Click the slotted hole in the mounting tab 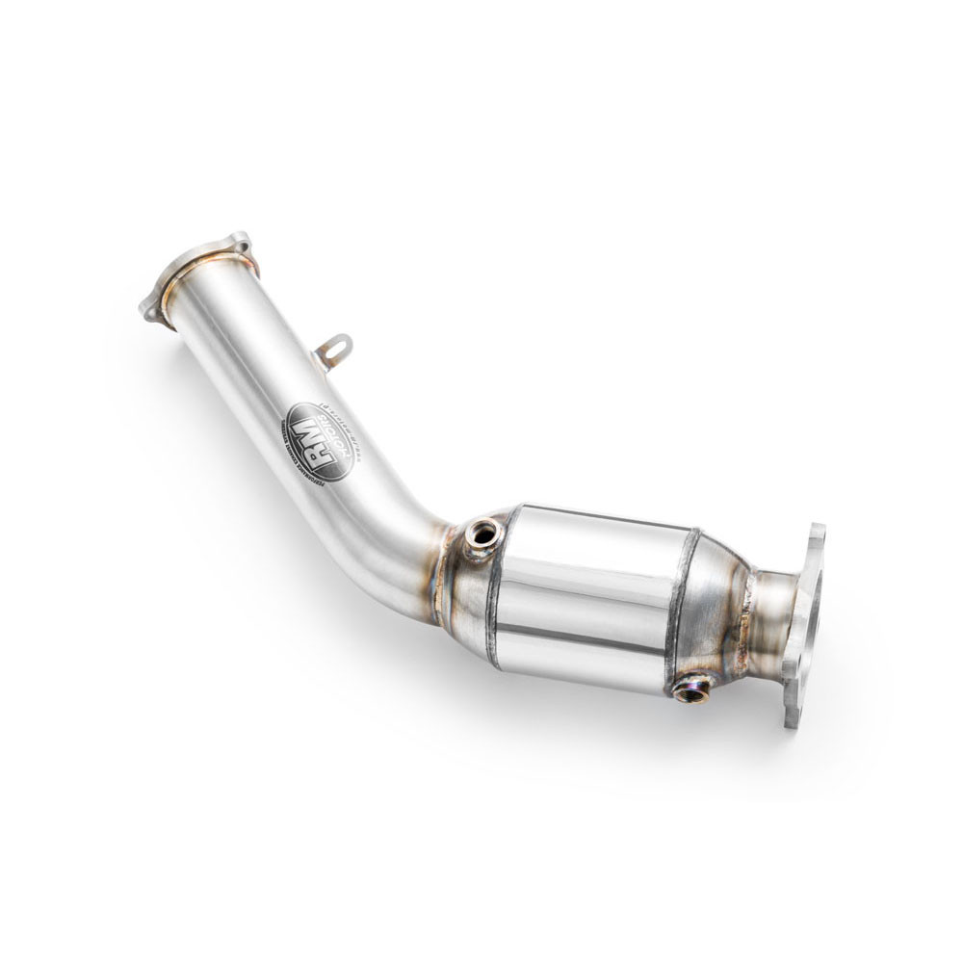(338, 346)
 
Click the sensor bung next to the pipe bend (480, 535)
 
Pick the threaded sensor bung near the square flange (690, 689)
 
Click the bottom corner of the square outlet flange (792, 717)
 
